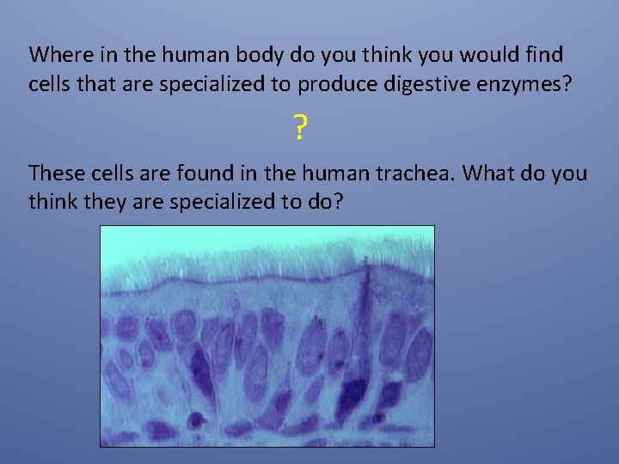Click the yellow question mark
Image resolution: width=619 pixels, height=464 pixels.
tap(299, 130)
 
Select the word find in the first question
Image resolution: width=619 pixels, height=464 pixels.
tap(543, 55)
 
